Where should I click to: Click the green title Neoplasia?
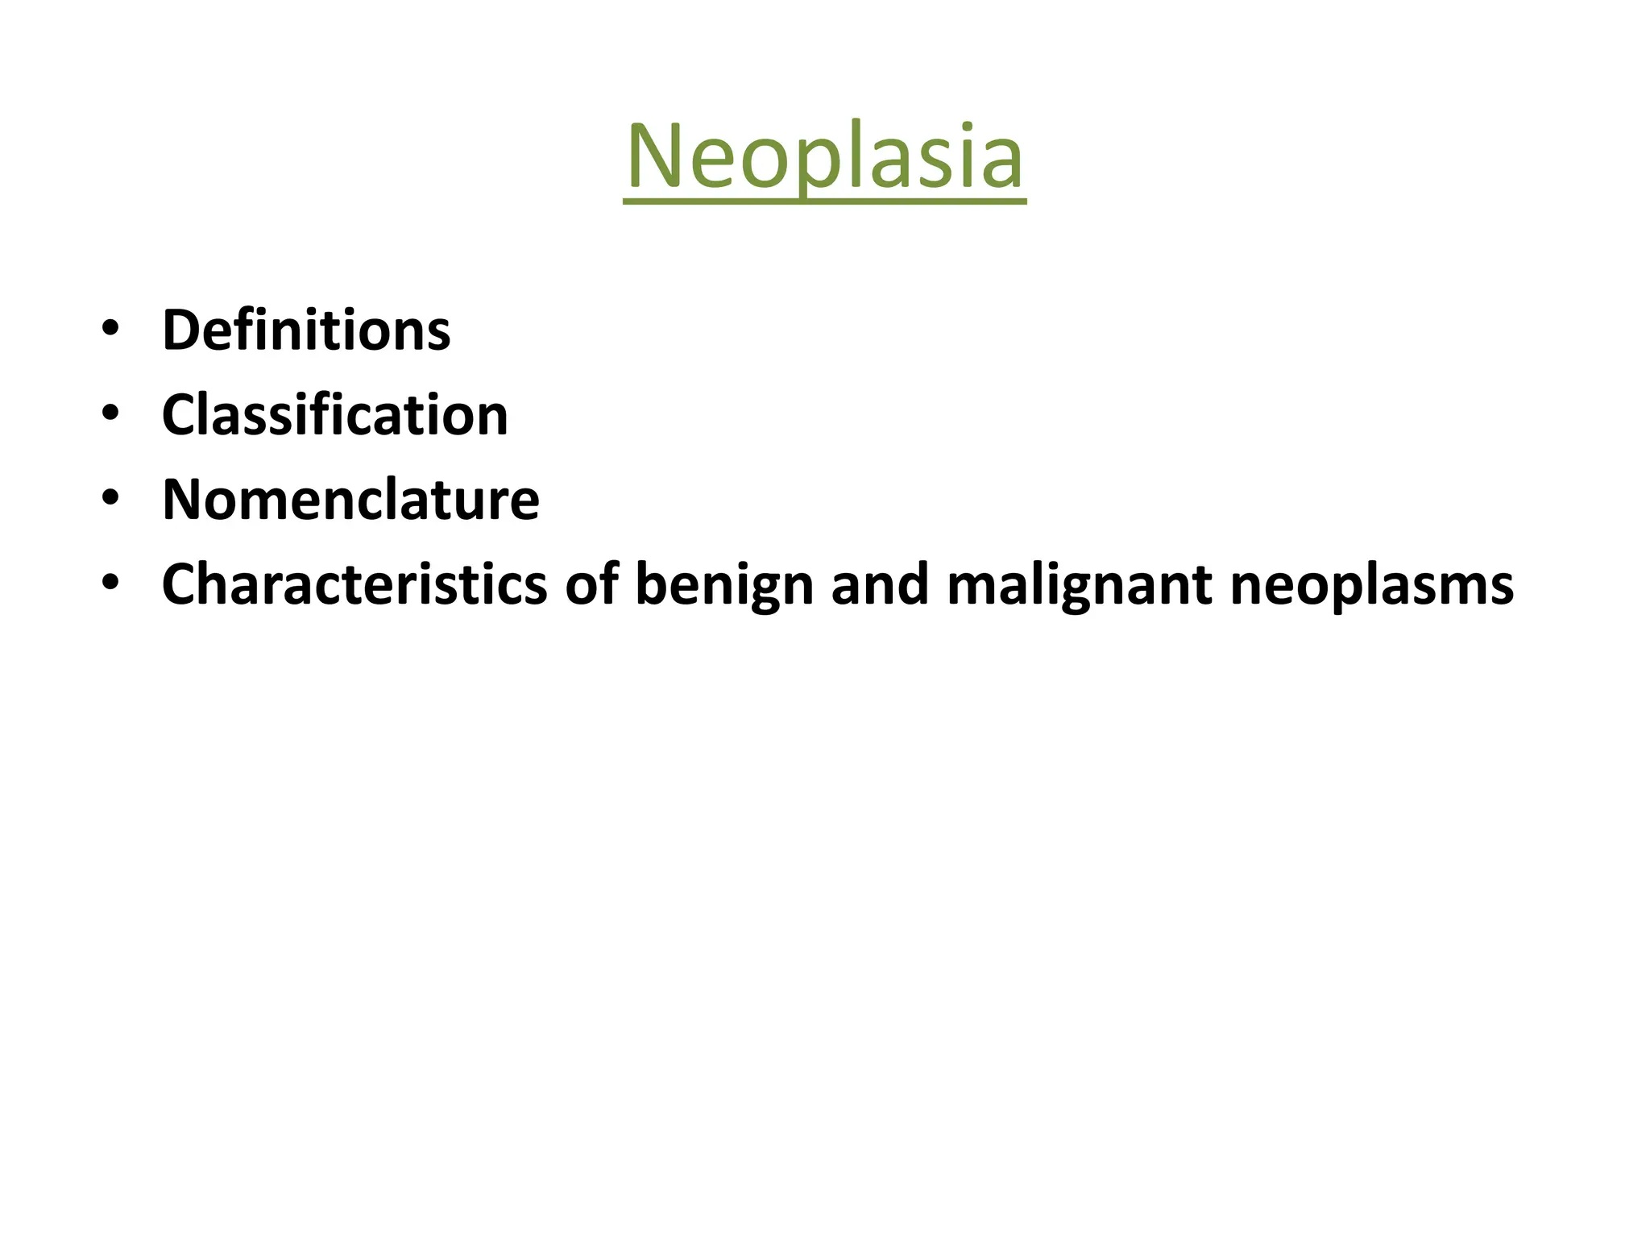824,156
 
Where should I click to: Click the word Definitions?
306,330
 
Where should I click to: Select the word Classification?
335,415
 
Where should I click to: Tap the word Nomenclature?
350,500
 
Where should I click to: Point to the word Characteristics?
354,584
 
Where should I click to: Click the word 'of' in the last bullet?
591,584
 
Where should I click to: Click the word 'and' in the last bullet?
880,584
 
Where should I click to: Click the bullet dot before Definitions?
110,330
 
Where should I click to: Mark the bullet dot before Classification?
110,414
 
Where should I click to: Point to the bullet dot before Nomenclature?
110,499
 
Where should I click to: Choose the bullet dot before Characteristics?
110,584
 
